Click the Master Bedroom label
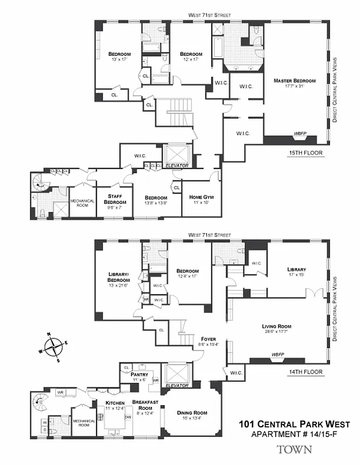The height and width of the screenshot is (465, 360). click(294, 81)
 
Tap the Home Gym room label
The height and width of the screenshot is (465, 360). click(202, 198)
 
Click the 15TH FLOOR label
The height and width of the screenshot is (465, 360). click(305, 153)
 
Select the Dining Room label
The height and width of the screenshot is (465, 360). click(192, 413)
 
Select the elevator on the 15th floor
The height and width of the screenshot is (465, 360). click(178, 154)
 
